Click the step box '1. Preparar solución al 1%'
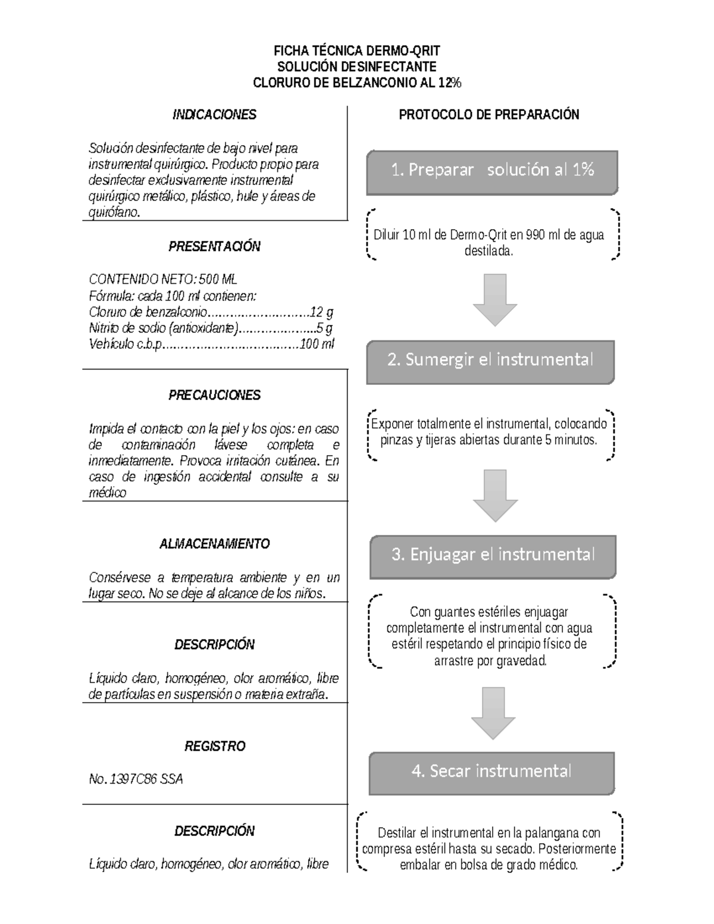pos(492,172)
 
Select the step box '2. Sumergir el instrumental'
pos(490,361)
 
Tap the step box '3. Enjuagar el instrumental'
pos(493,556)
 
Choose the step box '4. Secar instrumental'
pos(491,772)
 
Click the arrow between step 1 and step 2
pos(495,299)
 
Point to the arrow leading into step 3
pos(495,495)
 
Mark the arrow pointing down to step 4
pos(493,713)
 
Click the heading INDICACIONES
pos(214,115)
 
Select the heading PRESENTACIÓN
pos(214,246)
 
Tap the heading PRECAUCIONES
pos(214,395)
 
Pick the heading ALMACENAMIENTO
pos(214,544)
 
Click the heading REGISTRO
pos(214,746)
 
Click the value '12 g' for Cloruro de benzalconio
pos(321,312)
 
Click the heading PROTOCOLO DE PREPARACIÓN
pos(488,115)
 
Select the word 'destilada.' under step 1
pos(488,251)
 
